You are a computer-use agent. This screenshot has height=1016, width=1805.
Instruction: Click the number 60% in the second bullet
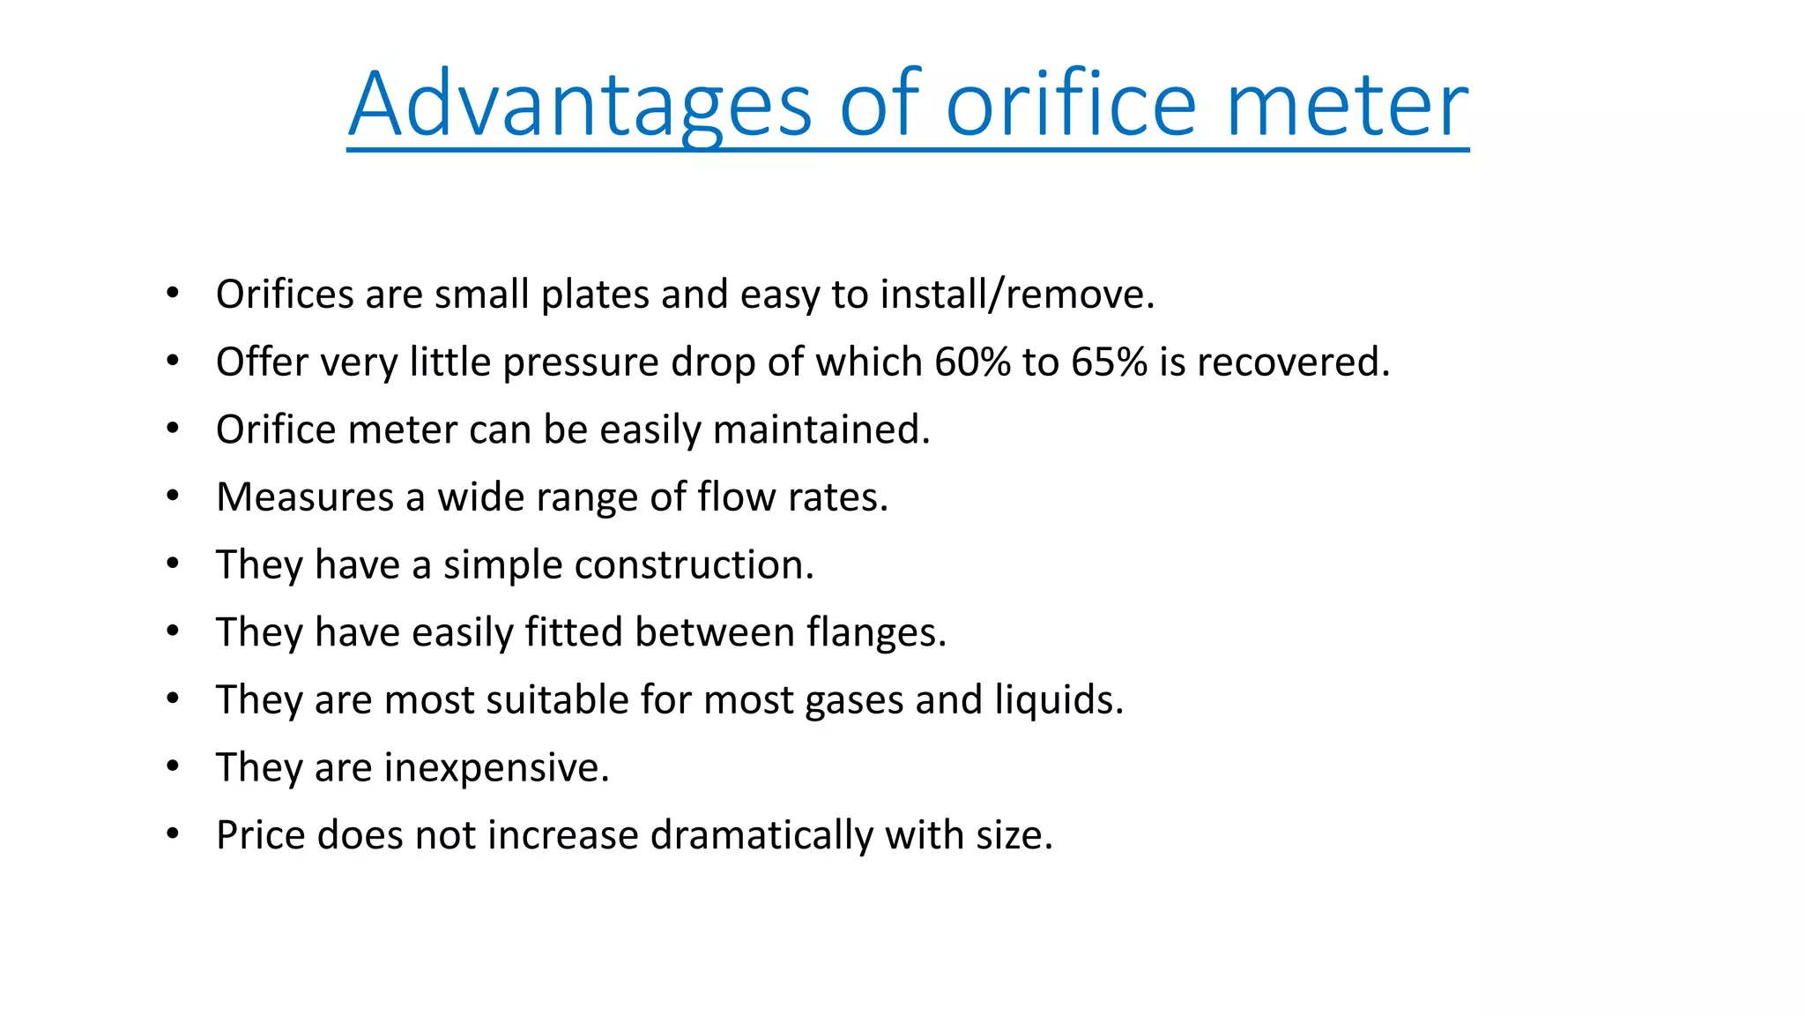coord(972,362)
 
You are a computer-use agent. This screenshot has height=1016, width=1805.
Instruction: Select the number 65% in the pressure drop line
coord(1109,362)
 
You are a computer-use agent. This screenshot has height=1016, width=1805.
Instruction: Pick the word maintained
coord(821,430)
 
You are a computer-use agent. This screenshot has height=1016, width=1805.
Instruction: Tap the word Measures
coord(305,497)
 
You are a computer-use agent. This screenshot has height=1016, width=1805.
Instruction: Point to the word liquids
coord(1058,700)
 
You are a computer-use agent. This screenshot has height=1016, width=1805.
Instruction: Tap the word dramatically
coord(761,835)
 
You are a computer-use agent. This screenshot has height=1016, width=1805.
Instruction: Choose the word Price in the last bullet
coord(260,835)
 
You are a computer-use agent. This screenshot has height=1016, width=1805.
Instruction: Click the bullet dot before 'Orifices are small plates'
coord(173,293)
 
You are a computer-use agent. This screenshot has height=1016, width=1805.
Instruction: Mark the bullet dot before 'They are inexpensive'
coord(173,766)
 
